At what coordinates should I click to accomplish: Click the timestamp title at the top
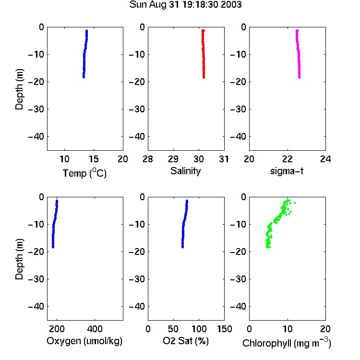pos(185,5)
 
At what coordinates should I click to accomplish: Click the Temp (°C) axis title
pos(84,173)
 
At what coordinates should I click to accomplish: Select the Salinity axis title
pos(185,171)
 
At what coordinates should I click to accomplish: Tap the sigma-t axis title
pos(287,171)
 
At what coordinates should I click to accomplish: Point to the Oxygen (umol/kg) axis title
pos(84,341)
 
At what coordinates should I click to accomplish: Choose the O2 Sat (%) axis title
pos(185,341)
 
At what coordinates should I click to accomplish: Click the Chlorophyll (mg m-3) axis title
pos(287,343)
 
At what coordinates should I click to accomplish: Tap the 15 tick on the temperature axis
pos(94,159)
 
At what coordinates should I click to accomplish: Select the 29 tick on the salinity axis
pos(173,159)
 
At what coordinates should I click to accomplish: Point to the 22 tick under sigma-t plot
pos(288,159)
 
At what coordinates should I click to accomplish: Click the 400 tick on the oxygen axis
pos(95,329)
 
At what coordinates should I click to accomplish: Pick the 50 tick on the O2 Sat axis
pos(173,329)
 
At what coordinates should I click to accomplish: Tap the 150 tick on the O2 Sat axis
pos(224,329)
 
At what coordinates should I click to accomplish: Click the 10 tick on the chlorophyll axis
pos(288,329)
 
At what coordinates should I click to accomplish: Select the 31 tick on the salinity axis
pos(224,159)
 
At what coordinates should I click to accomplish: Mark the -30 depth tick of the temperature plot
pos(36,109)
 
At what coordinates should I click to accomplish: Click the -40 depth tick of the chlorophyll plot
pos(238,306)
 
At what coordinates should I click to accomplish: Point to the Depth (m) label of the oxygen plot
pos(19,259)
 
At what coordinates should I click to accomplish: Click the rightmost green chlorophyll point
pos(295,203)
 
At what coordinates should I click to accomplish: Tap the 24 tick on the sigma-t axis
pos(325,159)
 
